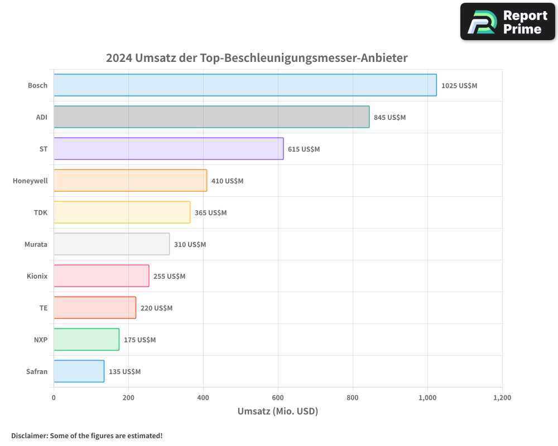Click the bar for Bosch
click(x=245, y=85)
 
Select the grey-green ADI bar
click(x=211, y=117)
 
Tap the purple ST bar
click(x=169, y=149)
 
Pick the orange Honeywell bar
click(x=130, y=181)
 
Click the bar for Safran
click(x=79, y=371)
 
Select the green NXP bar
click(x=86, y=340)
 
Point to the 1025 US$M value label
click(x=459, y=85)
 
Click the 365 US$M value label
click(x=210, y=212)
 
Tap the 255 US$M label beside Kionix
click(x=169, y=276)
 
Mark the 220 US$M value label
click(x=156, y=308)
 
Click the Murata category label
click(x=36, y=244)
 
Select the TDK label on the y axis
click(x=40, y=212)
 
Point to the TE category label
click(x=43, y=308)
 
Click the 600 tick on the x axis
click(x=278, y=398)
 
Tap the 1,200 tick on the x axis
click(x=502, y=398)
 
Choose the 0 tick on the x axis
click(x=54, y=398)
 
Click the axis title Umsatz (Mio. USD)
click(x=277, y=411)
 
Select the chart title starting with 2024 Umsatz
click(x=257, y=58)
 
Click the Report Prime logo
click(x=508, y=22)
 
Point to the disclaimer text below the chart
click(x=86, y=435)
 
